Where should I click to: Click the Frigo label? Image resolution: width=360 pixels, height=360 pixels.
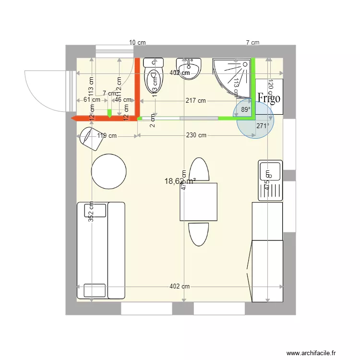pos(269,97)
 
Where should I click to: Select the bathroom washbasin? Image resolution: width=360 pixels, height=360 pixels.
pos(190,69)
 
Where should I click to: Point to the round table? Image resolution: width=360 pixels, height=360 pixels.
pos(109,171)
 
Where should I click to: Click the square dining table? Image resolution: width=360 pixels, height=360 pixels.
pos(198,202)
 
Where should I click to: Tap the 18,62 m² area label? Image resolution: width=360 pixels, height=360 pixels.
pos(180,181)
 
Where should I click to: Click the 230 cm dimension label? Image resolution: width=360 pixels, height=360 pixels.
pos(196,135)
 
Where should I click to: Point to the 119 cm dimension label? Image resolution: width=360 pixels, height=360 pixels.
pos(107,136)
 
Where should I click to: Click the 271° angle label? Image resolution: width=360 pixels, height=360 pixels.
pos(263,126)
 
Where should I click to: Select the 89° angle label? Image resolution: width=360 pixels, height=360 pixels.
pos(246,110)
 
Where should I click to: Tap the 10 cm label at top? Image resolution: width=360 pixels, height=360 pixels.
pos(137,42)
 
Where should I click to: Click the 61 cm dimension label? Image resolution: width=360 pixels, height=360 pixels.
pos(92,100)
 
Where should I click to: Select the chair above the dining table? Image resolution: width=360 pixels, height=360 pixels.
pos(199,169)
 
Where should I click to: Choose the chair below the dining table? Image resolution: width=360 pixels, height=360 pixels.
pos(199,234)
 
